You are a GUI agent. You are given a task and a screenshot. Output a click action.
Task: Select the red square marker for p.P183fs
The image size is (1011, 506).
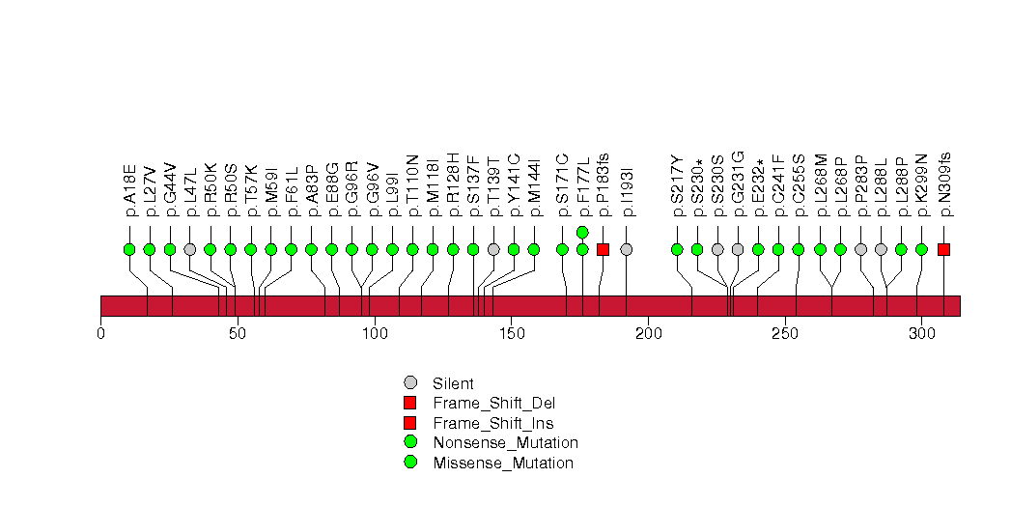[603, 249]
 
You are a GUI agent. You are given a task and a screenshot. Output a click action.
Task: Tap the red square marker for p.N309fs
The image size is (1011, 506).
[943, 249]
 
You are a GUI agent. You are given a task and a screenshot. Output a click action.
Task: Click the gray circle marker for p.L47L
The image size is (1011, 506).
[190, 249]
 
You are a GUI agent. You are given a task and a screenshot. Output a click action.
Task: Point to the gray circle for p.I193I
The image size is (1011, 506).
[626, 249]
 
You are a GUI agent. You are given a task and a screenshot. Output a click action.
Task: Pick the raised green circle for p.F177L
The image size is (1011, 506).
[582, 232]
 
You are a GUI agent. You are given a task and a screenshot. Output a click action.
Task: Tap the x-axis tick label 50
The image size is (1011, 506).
[237, 334]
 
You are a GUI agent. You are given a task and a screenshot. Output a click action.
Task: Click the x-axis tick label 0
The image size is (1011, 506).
[100, 334]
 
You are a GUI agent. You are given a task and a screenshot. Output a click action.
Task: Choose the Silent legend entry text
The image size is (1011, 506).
[454, 383]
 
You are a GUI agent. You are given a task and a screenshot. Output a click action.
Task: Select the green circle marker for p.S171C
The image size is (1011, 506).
[563, 249]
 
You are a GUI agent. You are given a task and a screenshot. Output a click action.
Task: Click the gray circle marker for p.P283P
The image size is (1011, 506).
[860, 249]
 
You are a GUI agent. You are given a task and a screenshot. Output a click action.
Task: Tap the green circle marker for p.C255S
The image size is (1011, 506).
[799, 249]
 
